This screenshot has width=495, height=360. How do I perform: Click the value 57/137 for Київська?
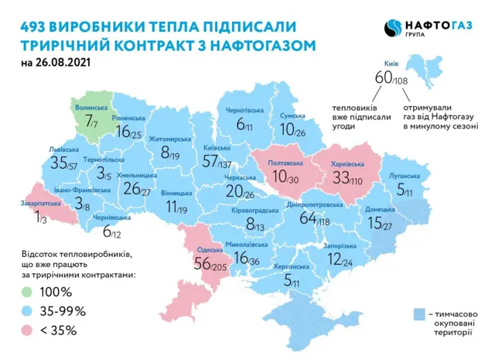[x=219, y=161]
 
